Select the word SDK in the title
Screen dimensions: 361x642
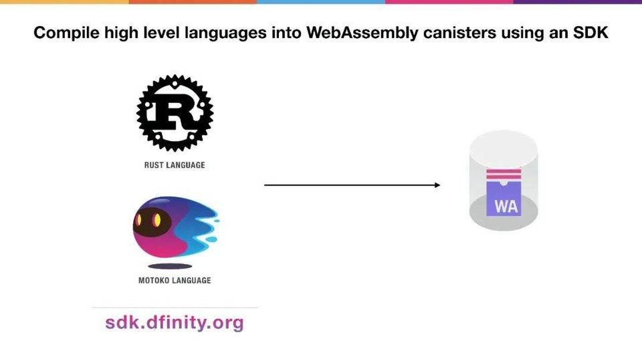click(x=589, y=33)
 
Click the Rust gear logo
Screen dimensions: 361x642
click(x=175, y=113)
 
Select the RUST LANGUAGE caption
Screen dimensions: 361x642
click(x=175, y=165)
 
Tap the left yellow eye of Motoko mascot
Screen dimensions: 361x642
click(x=140, y=219)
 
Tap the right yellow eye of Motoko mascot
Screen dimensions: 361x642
click(x=157, y=219)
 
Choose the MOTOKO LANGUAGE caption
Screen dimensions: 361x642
click(x=175, y=280)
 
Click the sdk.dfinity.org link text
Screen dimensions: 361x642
click(x=175, y=323)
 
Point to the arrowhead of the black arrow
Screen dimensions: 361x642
click(x=437, y=185)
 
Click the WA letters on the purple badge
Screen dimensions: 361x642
click(x=506, y=206)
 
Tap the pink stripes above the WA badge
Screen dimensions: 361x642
click(x=504, y=175)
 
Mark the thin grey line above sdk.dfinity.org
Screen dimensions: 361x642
click(x=175, y=308)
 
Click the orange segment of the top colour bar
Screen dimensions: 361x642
click(x=193, y=2)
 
